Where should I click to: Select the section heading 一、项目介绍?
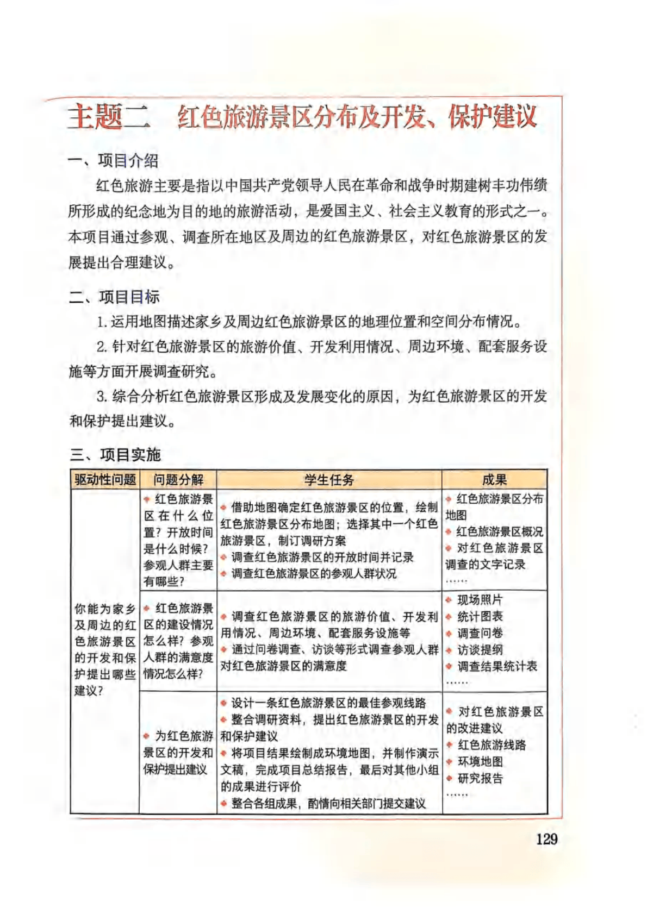(x=114, y=161)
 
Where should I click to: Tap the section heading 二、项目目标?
(x=114, y=297)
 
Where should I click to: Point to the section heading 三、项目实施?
(x=115, y=454)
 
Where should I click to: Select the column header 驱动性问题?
(x=105, y=479)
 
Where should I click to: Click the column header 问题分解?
(x=178, y=479)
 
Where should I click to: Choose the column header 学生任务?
(x=329, y=479)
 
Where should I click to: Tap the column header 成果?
(x=494, y=479)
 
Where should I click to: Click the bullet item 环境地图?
(x=480, y=761)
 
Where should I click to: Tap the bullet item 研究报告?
(x=480, y=778)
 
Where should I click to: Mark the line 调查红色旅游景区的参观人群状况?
(x=314, y=573)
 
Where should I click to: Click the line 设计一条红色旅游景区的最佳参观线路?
(x=328, y=703)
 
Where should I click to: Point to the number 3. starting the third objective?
(x=102, y=396)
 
